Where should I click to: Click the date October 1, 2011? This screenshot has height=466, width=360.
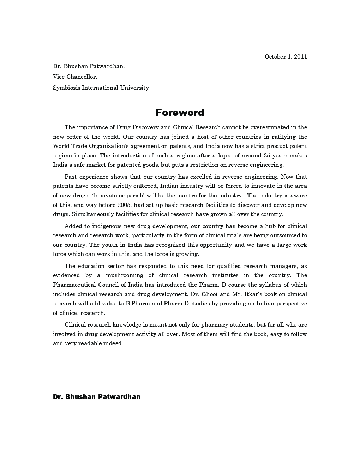[x=286, y=56]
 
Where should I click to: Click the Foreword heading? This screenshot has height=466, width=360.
[x=180, y=113]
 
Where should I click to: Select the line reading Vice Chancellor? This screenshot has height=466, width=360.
[x=75, y=77]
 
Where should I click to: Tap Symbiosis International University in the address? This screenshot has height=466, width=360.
[x=101, y=88]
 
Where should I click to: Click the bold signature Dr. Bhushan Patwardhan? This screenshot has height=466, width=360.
[x=96, y=397]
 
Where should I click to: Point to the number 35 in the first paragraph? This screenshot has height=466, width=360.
[x=269, y=155]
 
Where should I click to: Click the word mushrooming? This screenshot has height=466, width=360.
[x=125, y=275]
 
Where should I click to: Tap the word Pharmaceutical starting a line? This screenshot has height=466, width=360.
[x=74, y=285]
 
